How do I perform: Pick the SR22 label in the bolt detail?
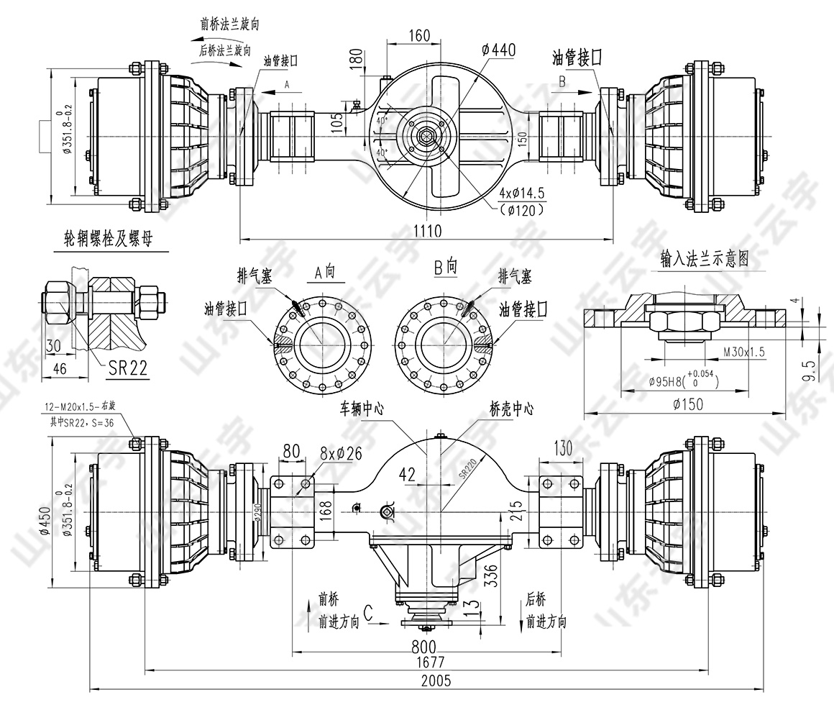click(127, 368)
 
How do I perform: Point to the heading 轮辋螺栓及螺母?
click(109, 240)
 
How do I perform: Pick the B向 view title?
click(445, 267)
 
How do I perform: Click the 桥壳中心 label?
click(511, 408)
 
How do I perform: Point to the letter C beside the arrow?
click(368, 613)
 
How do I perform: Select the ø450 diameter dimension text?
click(45, 520)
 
